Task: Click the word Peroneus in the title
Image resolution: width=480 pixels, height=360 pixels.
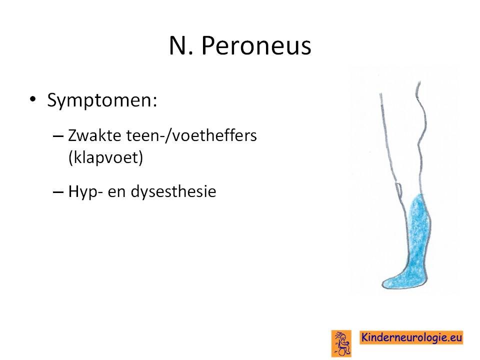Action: point(256,46)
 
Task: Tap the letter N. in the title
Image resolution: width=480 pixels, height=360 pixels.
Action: point(181,46)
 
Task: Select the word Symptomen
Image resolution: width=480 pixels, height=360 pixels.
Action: point(100,100)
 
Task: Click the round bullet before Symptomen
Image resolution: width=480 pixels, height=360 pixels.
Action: point(32,99)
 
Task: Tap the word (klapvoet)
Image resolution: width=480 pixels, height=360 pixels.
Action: point(105,158)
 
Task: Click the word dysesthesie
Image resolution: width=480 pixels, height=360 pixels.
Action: point(173,192)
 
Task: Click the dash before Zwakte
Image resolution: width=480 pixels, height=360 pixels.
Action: point(58,135)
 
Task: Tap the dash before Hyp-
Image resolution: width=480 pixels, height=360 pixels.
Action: point(58,192)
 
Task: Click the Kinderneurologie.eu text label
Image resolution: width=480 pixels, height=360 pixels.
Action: point(411,337)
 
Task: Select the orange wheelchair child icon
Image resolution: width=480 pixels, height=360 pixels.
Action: point(341,343)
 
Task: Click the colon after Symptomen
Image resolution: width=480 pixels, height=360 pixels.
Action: point(155,101)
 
